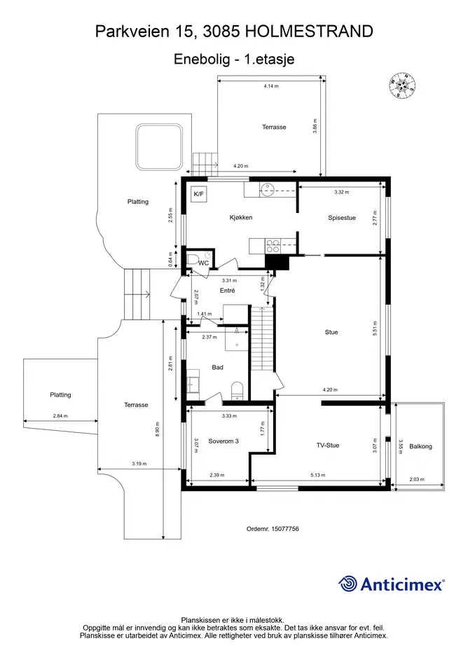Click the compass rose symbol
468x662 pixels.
(402, 85)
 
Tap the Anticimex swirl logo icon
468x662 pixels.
(347, 584)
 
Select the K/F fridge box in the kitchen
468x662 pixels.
(198, 194)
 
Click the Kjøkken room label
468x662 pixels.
(241, 217)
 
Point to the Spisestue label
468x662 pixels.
(342, 218)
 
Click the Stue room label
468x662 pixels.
(331, 332)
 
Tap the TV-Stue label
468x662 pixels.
(328, 445)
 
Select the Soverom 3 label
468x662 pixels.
(223, 441)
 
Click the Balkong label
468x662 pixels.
(420, 446)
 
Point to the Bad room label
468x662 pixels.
(217, 367)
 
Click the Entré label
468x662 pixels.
(227, 291)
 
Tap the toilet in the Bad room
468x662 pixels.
(238, 390)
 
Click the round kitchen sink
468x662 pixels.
(268, 191)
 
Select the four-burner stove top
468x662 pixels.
(273, 246)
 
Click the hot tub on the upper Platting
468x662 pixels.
(159, 146)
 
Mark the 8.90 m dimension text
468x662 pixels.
(157, 429)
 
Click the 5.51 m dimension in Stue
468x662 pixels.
(374, 329)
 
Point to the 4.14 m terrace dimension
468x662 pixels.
(271, 85)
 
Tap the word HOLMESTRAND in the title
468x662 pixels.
(309, 32)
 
